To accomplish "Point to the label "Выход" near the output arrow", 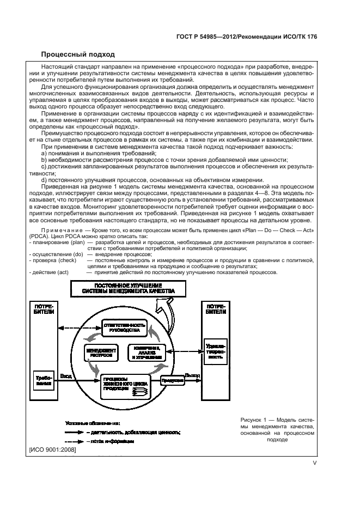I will click(x=192, y=375).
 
